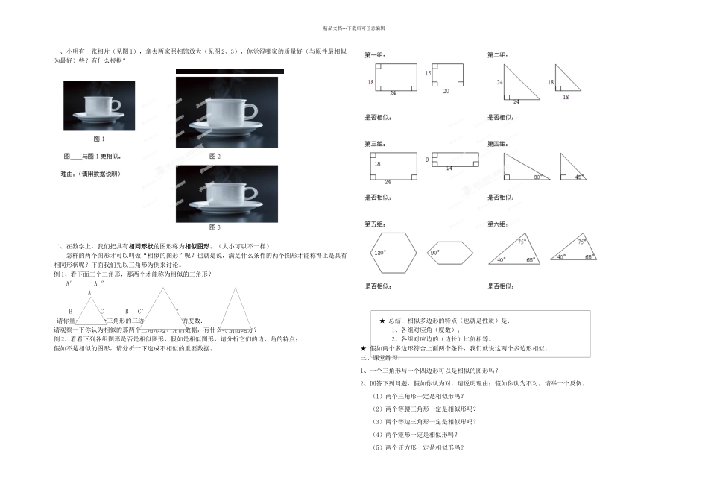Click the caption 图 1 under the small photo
click(98, 139)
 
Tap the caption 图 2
click(215, 157)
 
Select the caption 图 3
click(215, 227)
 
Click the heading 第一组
click(374, 55)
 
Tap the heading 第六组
click(497, 224)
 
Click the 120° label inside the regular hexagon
click(379, 253)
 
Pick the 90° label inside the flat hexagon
click(434, 253)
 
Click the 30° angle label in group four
click(537, 177)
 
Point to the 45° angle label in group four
click(579, 177)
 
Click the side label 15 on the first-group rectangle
click(428, 73)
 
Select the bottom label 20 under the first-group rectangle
click(446, 91)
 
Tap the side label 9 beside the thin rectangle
click(427, 160)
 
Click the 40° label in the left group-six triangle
click(502, 259)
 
